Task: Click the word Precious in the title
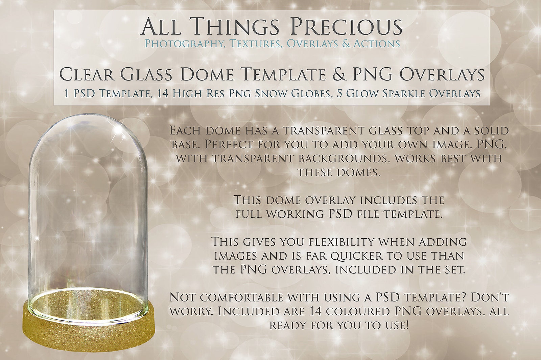click(347, 26)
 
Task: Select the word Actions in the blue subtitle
click(377, 44)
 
